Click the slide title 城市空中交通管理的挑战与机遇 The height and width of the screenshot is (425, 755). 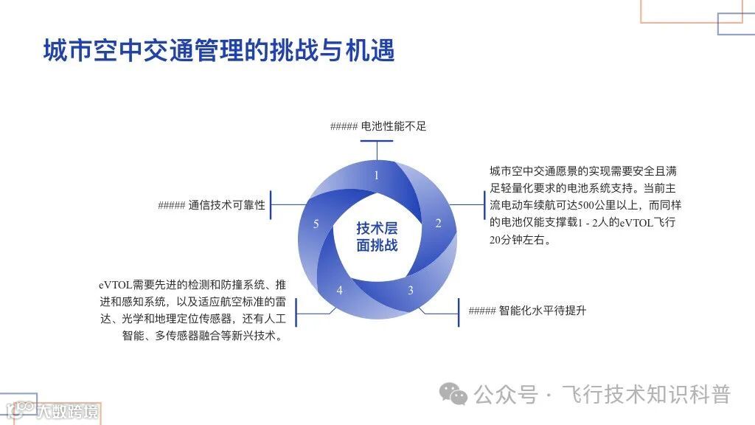click(x=218, y=51)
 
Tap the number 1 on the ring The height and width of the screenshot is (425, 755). click(x=377, y=176)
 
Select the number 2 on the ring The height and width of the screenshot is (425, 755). click(x=438, y=224)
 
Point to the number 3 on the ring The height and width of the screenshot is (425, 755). click(x=411, y=290)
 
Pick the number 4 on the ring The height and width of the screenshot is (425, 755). click(x=340, y=290)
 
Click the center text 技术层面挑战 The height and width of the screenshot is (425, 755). click(x=377, y=236)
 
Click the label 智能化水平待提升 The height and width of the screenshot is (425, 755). click(x=543, y=311)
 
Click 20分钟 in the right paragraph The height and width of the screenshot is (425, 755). click(x=508, y=241)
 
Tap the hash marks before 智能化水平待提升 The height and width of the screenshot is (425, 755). click(x=482, y=311)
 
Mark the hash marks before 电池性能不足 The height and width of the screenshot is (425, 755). click(x=344, y=126)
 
